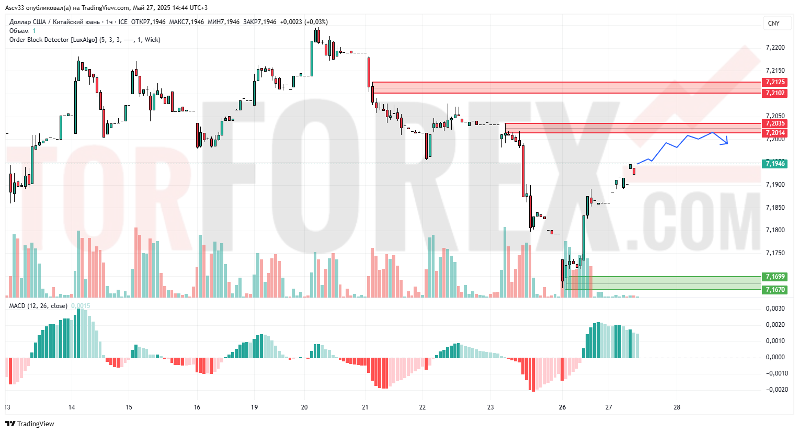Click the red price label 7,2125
tap(775, 82)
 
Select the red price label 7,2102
tap(775, 93)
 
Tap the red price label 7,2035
tap(775, 123)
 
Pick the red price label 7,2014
tap(775, 133)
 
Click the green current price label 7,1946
tap(775, 164)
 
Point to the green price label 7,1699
tap(775, 277)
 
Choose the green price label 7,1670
tap(775, 290)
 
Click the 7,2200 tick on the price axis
tap(775, 48)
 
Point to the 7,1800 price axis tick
tap(775, 230)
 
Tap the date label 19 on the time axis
tap(254, 407)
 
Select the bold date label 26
tap(562, 407)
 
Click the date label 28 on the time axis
tap(677, 407)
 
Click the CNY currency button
tap(773, 24)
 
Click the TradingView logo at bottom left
tap(30, 424)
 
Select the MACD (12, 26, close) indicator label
tap(38, 306)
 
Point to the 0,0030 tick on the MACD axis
tap(775, 309)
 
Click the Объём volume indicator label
tap(19, 31)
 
